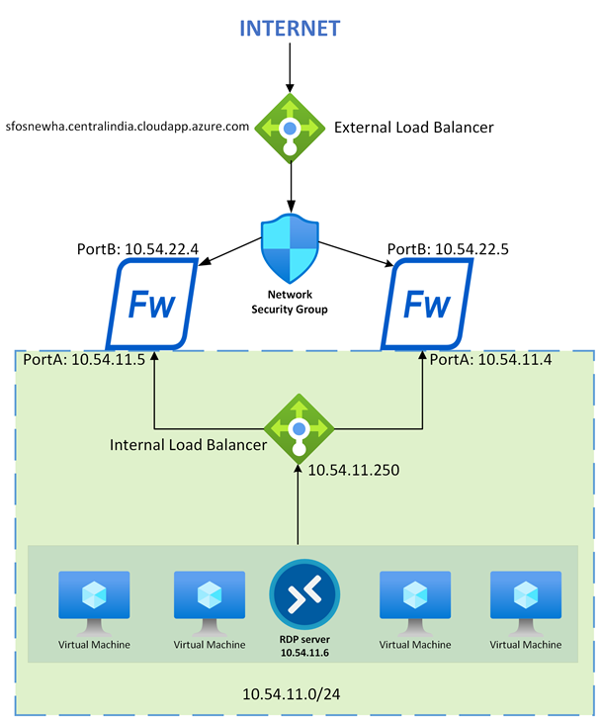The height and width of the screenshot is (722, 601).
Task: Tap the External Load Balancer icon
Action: pos(291,128)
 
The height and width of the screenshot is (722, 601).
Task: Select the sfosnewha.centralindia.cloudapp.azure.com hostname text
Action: pos(127,128)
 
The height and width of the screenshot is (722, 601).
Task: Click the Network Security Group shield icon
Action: pos(291,248)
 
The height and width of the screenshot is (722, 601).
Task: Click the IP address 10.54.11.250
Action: pos(353,473)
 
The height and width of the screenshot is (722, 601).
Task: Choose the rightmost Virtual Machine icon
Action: pos(524,599)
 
